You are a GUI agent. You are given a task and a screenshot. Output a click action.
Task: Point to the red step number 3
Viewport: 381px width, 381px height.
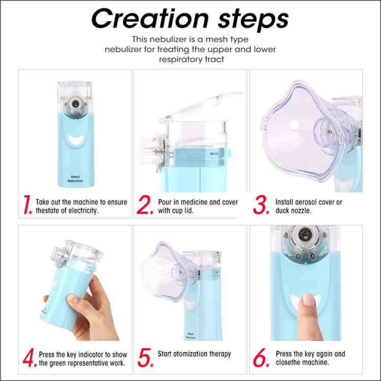tap(261, 205)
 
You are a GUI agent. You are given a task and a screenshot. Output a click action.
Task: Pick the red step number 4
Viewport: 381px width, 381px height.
tap(28, 357)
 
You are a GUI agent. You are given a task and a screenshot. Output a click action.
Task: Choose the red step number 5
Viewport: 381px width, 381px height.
tap(145, 357)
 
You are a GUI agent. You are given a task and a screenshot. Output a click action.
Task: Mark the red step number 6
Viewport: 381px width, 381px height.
tap(261, 357)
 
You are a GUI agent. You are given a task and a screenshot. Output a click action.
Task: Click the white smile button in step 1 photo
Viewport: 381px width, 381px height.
tap(75, 139)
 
